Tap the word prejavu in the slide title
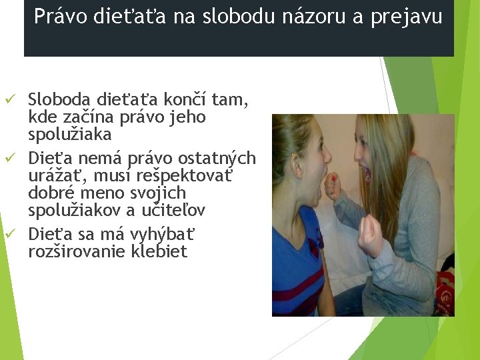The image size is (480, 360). click(x=411, y=17)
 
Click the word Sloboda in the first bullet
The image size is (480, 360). click(x=60, y=100)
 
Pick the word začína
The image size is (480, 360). click(x=83, y=117)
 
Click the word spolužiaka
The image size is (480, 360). click(x=70, y=135)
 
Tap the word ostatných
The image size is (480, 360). click(x=219, y=159)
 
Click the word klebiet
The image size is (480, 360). click(x=159, y=252)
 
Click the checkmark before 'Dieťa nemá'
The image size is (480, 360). click(x=9, y=158)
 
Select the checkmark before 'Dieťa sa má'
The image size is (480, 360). click(x=9, y=234)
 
